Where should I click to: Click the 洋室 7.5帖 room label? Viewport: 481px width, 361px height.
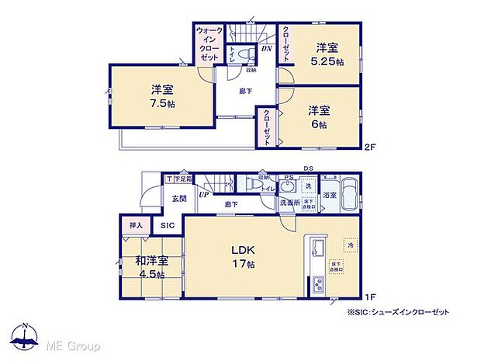coord(161,95)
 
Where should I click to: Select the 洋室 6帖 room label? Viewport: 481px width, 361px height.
coord(317,116)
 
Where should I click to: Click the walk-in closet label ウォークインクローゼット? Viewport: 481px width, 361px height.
coord(209,45)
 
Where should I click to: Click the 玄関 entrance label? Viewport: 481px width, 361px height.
coord(178,199)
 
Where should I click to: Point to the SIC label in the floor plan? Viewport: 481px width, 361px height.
coord(168,225)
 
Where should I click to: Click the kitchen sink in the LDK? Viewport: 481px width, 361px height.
coord(318,250)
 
